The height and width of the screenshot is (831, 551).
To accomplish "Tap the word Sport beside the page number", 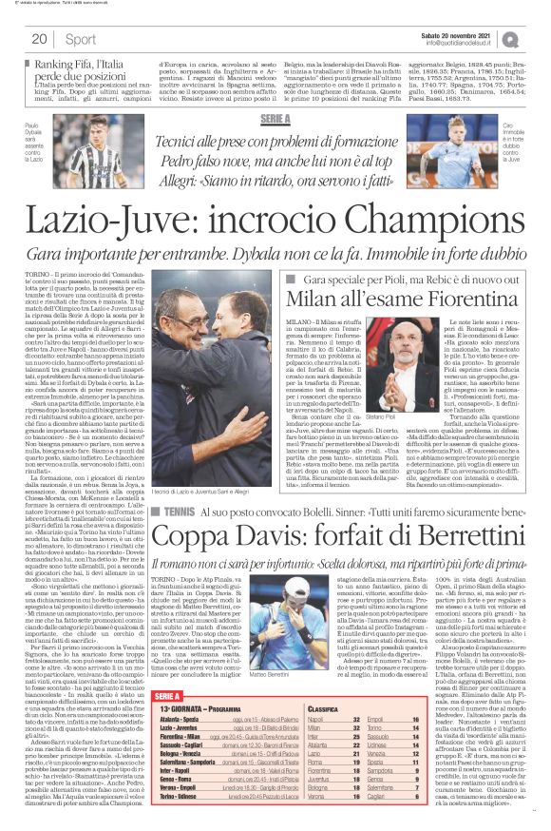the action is [x=81, y=39].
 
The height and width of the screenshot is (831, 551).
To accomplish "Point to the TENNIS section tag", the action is [x=176, y=511].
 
